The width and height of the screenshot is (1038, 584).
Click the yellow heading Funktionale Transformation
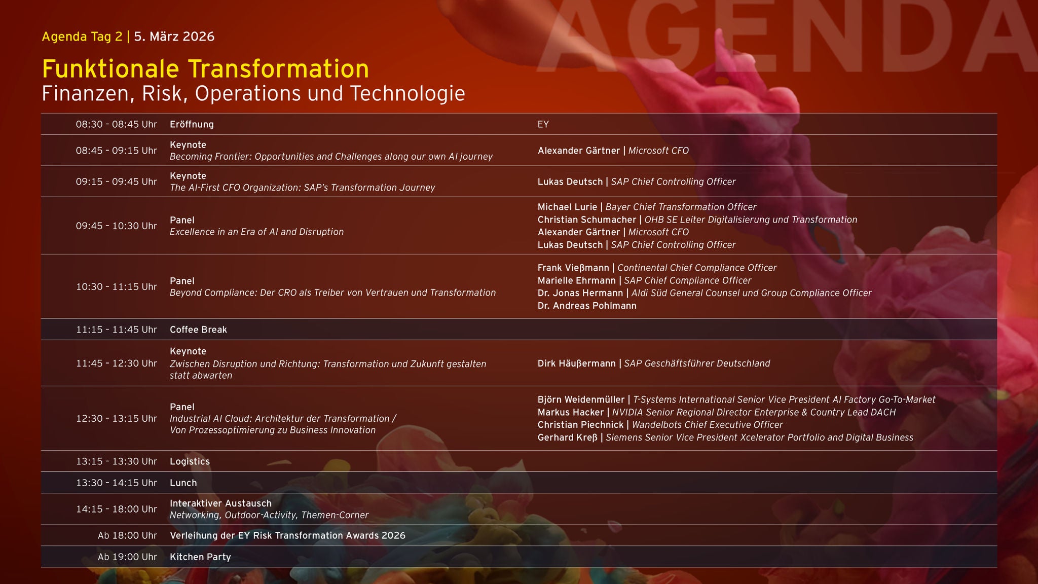tap(205, 69)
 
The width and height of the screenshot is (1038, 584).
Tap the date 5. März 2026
tap(174, 36)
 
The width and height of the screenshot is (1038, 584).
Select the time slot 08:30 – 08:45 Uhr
tap(116, 124)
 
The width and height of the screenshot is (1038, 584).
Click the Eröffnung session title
tap(192, 124)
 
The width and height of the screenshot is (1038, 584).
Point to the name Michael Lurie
tap(567, 207)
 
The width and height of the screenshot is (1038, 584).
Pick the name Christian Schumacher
tap(586, 220)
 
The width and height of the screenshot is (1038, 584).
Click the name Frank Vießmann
tap(573, 268)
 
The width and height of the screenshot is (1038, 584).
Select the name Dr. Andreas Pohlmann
tap(587, 306)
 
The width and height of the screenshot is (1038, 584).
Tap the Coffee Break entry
tap(198, 330)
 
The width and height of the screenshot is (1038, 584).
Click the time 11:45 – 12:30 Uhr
tap(116, 363)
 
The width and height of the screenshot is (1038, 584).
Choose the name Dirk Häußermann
tap(576, 363)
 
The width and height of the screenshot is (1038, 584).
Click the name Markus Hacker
tap(571, 412)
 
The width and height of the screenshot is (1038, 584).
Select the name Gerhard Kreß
tap(567, 437)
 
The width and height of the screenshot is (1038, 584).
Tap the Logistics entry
tap(190, 461)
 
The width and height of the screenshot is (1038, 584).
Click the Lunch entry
tap(183, 483)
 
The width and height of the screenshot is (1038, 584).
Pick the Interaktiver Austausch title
tap(220, 503)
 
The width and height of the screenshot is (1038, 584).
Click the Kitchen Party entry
tap(200, 557)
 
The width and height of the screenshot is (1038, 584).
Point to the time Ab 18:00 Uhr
tap(127, 535)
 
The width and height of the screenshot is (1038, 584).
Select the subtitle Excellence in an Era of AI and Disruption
tap(256, 232)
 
